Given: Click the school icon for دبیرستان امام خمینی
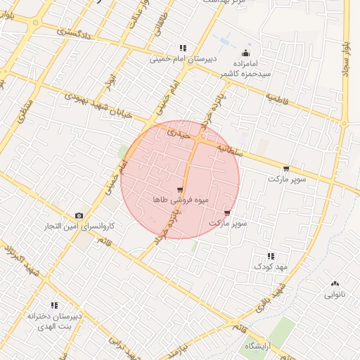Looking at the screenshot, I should (184, 49).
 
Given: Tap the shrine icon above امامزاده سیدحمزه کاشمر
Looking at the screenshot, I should (245, 53).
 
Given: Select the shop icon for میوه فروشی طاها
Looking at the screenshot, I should (181, 190).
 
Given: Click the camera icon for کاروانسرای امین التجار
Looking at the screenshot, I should (79, 215).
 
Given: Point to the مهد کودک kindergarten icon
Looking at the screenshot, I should (271, 256).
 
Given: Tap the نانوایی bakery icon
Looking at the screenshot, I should (335, 283).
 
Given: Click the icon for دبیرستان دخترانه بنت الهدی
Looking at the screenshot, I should (54, 305).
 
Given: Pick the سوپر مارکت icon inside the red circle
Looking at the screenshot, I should (226, 212).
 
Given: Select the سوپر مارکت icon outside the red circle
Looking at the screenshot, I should (285, 169).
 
